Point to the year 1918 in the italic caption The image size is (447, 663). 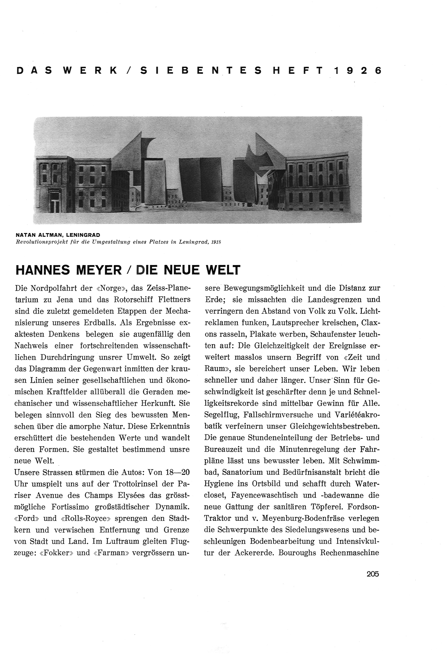click(x=216, y=242)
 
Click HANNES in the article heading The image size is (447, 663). click(x=43, y=270)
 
